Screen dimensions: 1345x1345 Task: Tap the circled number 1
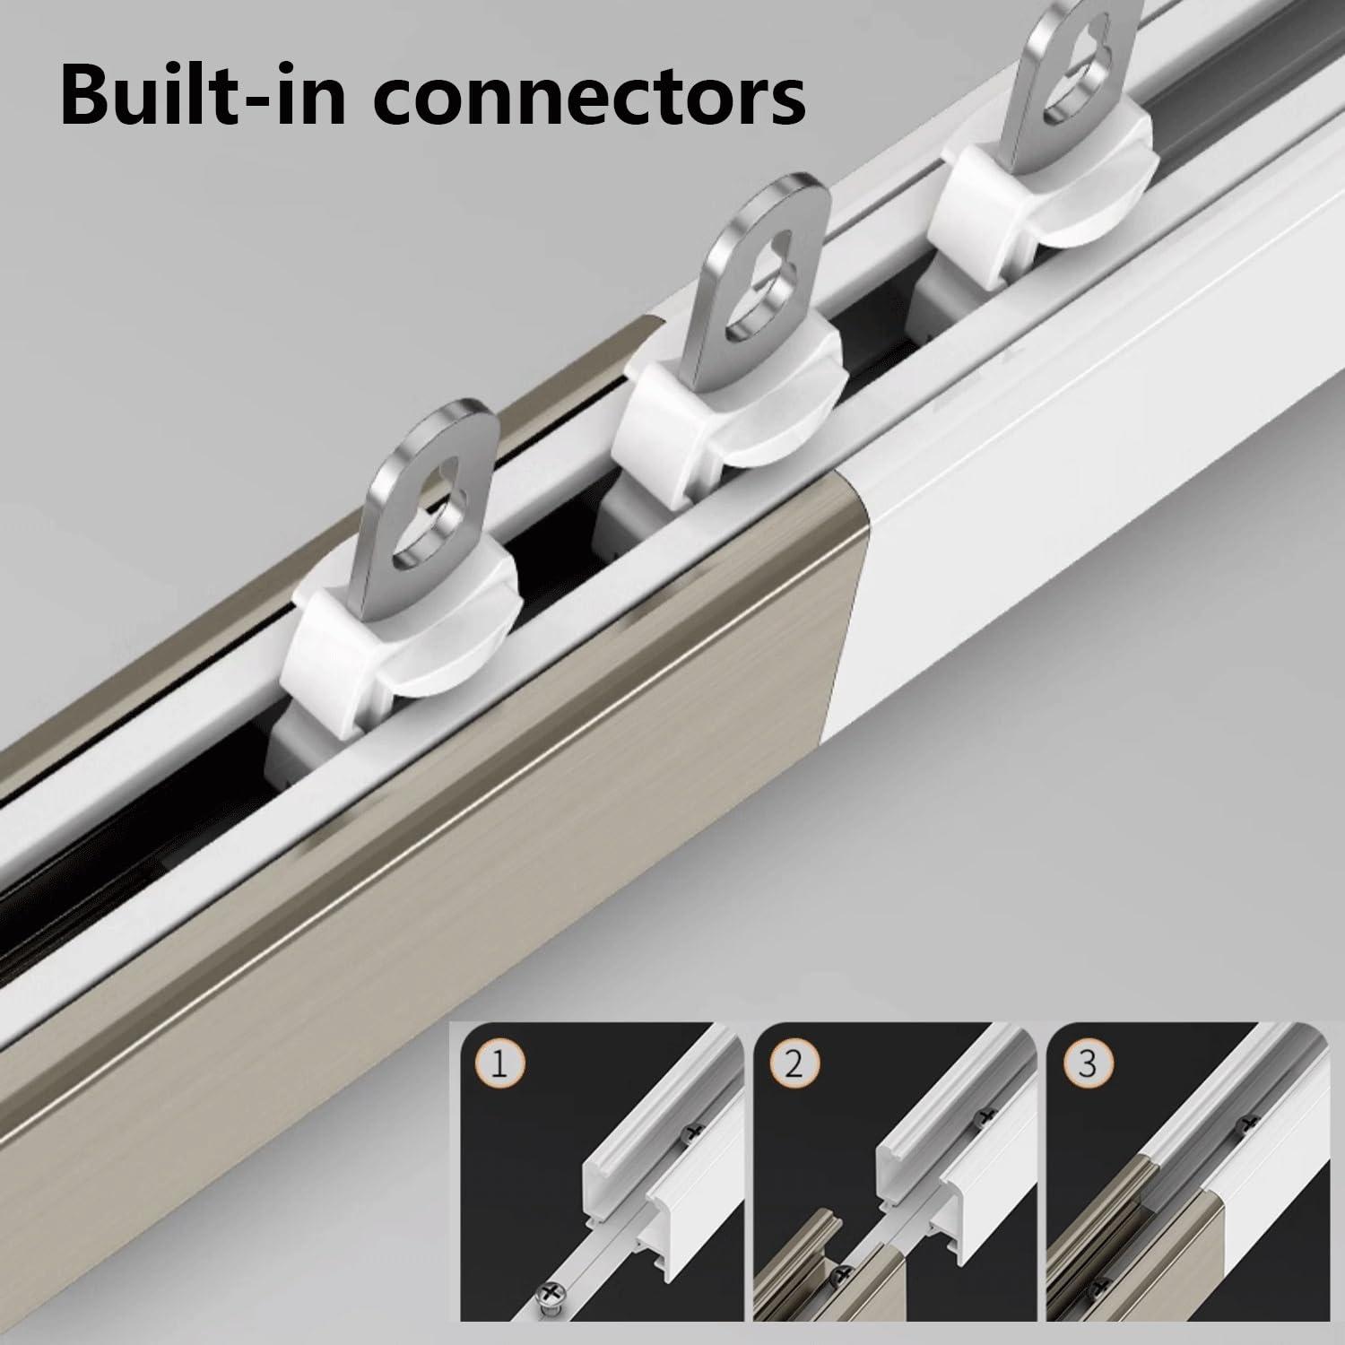point(500,1066)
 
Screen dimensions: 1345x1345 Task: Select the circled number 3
point(1087,1066)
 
